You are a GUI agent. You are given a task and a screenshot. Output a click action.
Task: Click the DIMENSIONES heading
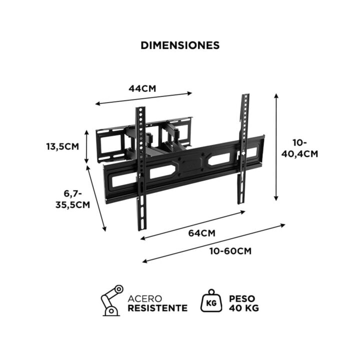(180, 45)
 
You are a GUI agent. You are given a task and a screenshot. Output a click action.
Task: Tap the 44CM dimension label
(142, 88)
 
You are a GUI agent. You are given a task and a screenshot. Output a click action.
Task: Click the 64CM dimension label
(202, 232)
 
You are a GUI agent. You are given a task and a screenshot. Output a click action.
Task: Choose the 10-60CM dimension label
(230, 250)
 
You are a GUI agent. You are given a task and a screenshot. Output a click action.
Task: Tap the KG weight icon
(210, 301)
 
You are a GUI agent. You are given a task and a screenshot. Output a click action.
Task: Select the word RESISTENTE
(158, 308)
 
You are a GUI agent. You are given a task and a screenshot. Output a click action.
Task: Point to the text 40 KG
(243, 308)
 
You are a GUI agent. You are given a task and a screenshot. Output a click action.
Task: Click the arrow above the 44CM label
(143, 98)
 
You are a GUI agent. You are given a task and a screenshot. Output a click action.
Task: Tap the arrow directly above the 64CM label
(192, 224)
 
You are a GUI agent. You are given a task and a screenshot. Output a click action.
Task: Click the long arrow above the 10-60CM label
(213, 242)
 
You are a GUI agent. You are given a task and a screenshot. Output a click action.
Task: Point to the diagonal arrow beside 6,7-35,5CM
(97, 198)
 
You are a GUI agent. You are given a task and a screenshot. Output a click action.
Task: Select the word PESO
(242, 298)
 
